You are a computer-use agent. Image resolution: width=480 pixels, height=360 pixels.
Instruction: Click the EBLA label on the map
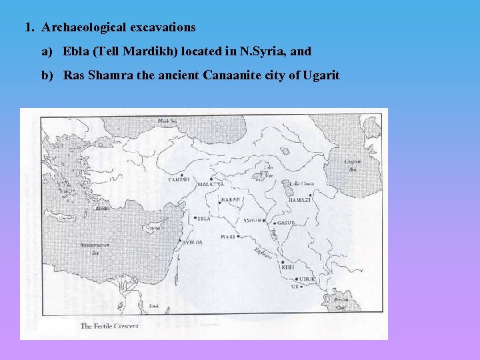[x=204, y=218]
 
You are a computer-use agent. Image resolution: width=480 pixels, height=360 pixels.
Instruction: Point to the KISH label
[x=287, y=267]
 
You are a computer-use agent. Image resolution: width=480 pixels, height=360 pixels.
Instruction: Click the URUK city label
[x=307, y=279]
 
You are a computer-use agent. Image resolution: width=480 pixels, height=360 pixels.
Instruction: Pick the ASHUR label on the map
[x=253, y=219]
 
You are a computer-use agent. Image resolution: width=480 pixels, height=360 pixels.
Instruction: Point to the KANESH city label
[x=179, y=179]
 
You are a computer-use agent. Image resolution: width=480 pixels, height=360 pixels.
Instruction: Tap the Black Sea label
[x=167, y=121]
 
